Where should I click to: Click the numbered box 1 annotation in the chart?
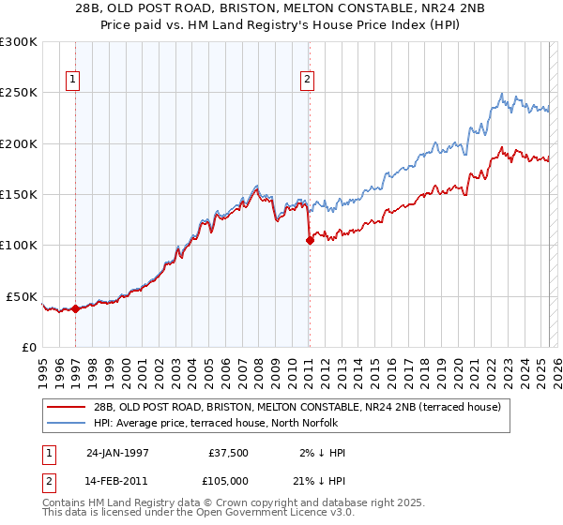74,80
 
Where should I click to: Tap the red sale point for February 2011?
309,240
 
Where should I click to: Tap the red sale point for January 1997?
75,308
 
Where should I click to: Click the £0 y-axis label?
29,347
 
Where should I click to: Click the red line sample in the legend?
67,406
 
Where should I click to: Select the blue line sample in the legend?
67,423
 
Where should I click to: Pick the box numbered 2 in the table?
50,482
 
